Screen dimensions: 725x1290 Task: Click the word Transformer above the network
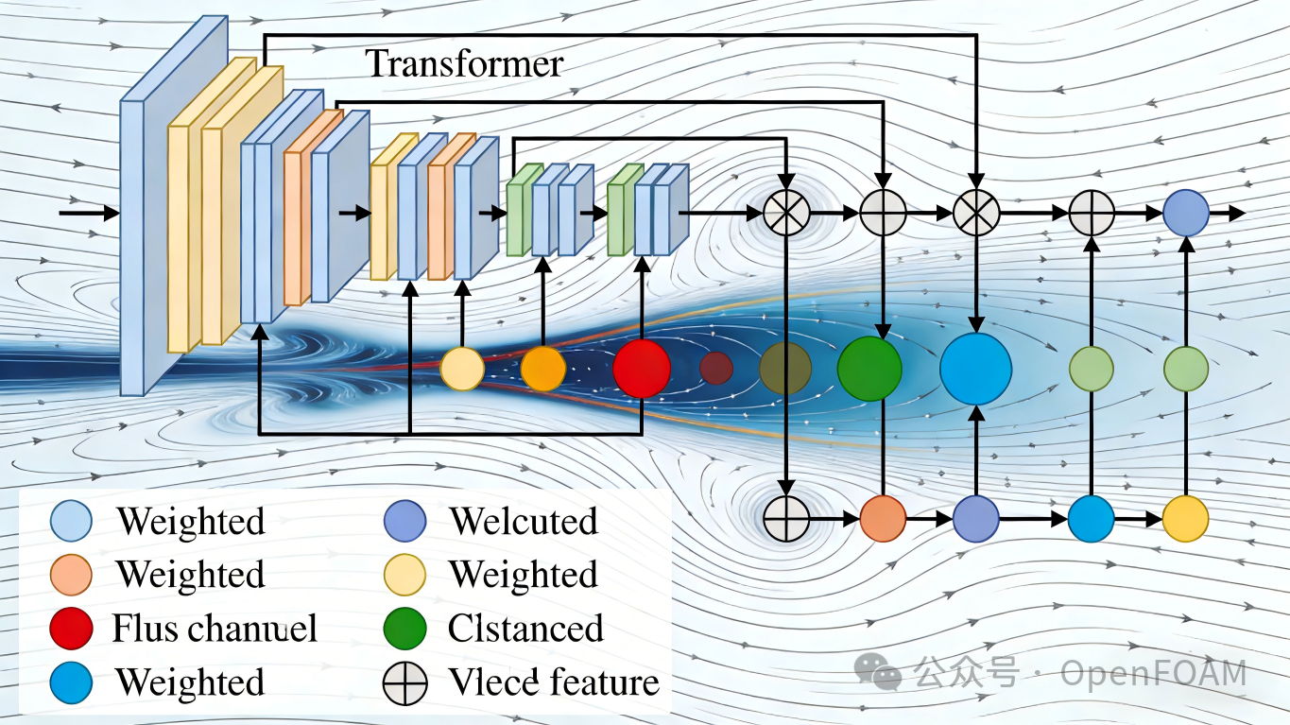(464, 63)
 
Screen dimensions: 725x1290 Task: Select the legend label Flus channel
(215, 629)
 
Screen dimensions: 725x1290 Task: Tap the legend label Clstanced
(525, 629)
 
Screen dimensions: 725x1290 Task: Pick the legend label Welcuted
(524, 521)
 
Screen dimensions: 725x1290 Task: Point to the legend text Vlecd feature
(554, 682)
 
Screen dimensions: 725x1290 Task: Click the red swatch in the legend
(72, 629)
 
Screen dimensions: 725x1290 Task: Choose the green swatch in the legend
(405, 629)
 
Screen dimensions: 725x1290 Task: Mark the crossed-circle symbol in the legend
(405, 683)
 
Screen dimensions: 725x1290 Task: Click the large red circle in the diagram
(642, 369)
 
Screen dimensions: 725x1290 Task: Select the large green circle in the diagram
(869, 369)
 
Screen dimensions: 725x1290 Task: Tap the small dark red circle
(716, 368)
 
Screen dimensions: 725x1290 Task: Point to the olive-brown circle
(785, 369)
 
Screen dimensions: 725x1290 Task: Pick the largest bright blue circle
(975, 369)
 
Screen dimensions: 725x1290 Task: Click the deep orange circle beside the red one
(542, 369)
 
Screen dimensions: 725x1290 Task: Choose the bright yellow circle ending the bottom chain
(1186, 518)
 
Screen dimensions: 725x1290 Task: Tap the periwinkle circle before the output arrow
(1186, 213)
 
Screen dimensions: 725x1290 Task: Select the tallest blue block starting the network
(132, 246)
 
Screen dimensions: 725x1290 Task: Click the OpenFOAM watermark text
(1153, 674)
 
